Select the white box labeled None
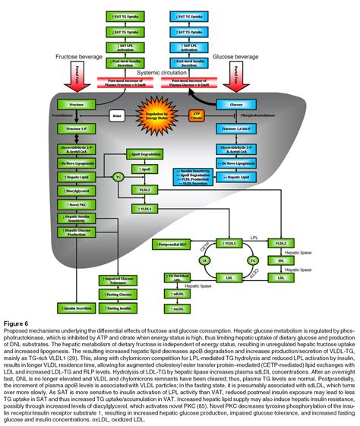pyautogui.click(x=116, y=115)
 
